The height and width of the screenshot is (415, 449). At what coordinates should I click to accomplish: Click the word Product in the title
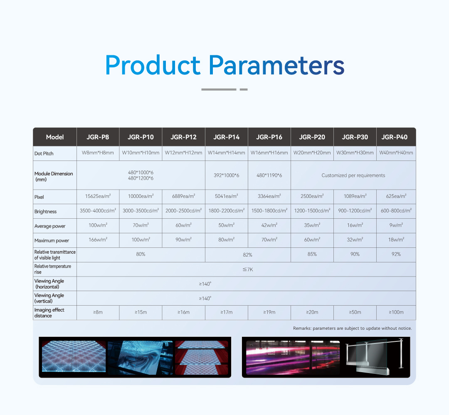[x=153, y=65]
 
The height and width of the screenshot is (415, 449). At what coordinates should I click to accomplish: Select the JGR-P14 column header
[x=227, y=137]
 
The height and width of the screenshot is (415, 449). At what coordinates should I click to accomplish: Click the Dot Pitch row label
[x=44, y=153]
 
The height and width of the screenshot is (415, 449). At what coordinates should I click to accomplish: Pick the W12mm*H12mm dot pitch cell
[x=184, y=153]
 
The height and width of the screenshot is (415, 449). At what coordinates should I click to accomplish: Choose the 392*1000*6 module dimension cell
[x=227, y=175]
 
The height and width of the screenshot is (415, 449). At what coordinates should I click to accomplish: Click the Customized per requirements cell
[x=353, y=175]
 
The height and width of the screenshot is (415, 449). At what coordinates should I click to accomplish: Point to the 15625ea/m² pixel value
[x=98, y=196]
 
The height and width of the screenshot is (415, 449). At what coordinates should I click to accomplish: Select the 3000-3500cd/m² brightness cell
[x=141, y=210]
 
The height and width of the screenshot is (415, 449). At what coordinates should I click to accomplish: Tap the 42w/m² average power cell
[x=269, y=225]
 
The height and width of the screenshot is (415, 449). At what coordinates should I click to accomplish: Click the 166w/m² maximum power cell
[x=98, y=240]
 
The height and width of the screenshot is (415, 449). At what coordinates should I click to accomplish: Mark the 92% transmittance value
[x=396, y=254]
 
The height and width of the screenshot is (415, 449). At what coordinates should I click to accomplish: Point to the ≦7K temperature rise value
[x=248, y=269]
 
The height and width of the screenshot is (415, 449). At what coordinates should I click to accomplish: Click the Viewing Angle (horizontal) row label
[x=49, y=284]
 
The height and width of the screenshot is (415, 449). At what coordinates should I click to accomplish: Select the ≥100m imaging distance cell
[x=396, y=312]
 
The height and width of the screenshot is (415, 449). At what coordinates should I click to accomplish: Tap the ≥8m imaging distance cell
[x=98, y=312]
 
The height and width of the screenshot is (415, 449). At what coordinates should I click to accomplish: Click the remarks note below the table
[x=352, y=328]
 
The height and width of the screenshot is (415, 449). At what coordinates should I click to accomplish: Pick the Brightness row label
[x=46, y=212]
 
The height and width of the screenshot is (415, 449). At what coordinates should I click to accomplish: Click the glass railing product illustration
[x=375, y=357]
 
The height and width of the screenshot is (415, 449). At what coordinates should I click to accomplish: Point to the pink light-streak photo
[x=293, y=358]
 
